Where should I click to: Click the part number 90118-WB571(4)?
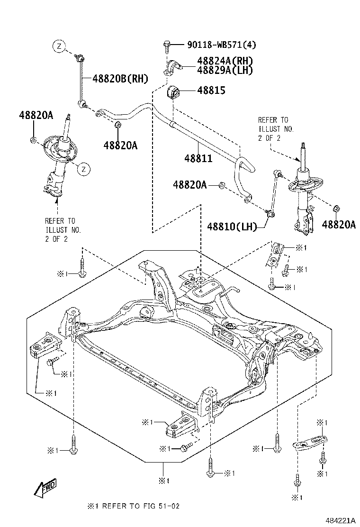[x=222, y=45]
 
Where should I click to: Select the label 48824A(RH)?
[x=225, y=61]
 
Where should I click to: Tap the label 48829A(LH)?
[x=225, y=70]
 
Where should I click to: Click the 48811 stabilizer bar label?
[x=198, y=158]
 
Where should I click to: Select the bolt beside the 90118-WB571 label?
[x=166, y=45]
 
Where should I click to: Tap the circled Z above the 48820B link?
[x=58, y=46]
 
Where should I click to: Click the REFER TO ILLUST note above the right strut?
[x=276, y=129]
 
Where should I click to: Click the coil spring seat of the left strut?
[x=57, y=147]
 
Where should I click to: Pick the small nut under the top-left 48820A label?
[x=32, y=140]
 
